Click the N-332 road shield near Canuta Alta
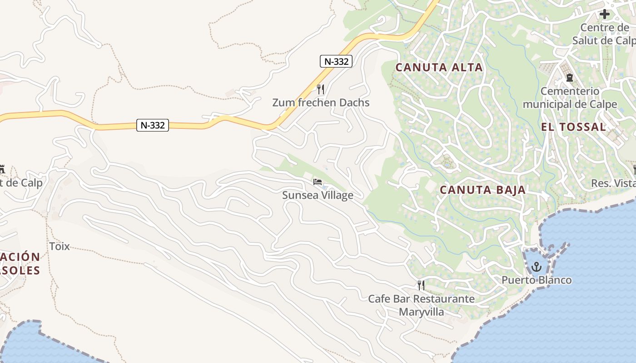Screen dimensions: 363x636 click(336, 61)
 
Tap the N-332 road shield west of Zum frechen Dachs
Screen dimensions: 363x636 click(153, 125)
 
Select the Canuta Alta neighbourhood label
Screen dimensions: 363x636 click(439, 68)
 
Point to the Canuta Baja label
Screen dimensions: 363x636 click(483, 190)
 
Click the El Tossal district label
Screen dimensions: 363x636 click(574, 127)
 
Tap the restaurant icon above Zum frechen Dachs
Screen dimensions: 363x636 click(321, 88)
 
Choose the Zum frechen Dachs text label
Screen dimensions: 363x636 click(321, 103)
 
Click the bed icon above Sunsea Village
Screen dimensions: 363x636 click(318, 182)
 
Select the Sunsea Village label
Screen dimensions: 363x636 click(318, 196)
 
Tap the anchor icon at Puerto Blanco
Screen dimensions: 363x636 click(536, 266)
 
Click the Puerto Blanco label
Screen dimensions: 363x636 click(537, 280)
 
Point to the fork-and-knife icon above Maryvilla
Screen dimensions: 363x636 click(421, 285)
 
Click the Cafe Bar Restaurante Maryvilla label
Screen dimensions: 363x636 click(421, 305)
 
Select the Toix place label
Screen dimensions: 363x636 click(60, 246)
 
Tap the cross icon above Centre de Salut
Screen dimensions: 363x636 click(604, 14)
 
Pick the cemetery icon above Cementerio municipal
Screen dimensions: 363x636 click(569, 78)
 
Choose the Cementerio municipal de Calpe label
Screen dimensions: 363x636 click(570, 98)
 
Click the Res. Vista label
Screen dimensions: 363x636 click(613, 183)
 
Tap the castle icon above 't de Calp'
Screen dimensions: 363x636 click(2, 169)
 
